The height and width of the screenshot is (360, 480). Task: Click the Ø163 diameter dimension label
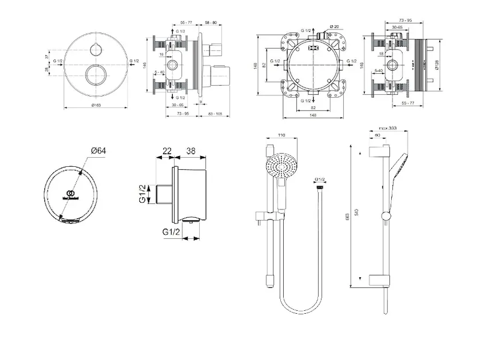coord(97,106)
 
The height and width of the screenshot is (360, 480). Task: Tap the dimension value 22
coord(167,151)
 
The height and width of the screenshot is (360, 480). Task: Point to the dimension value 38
coord(190,151)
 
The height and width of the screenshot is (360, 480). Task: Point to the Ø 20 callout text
coord(334,27)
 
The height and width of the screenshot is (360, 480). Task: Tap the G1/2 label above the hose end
coord(320,179)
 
